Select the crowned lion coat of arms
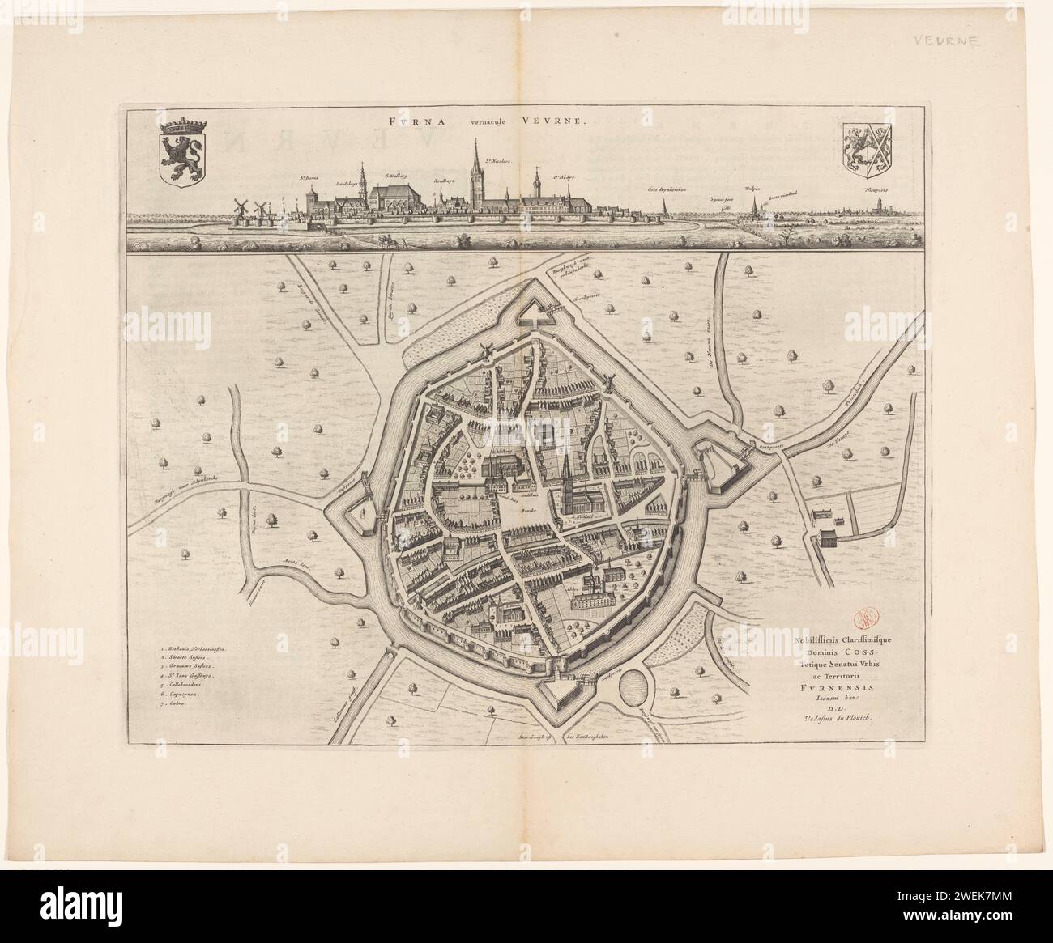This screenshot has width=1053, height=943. [185, 151]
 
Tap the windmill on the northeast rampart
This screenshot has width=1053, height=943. [608, 384]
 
